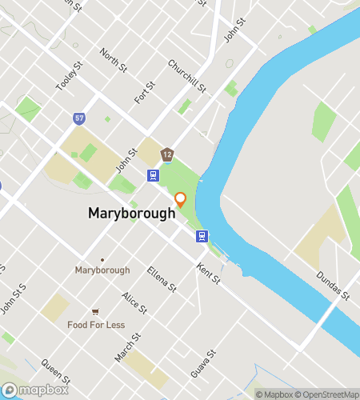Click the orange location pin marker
181,199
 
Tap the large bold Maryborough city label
131,214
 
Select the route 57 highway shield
78,118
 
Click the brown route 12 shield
166,154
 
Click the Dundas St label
333,285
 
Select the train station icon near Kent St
203,236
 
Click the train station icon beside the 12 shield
152,174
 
